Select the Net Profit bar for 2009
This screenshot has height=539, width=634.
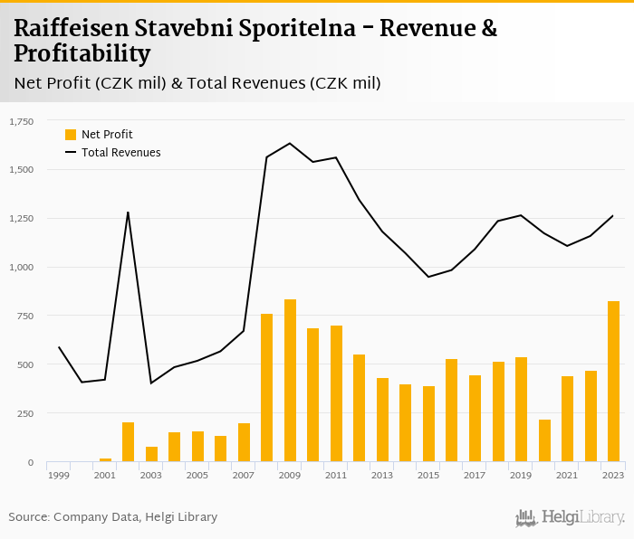point(290,381)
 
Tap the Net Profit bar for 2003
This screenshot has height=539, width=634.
point(151,454)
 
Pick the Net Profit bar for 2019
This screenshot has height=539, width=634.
point(521,410)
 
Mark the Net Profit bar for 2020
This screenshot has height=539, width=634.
point(544,440)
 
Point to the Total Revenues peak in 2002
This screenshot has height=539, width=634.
point(128,213)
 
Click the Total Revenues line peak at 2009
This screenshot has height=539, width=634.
point(290,143)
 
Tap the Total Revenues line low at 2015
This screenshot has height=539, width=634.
point(428,277)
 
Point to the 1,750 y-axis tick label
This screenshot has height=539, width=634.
point(19,121)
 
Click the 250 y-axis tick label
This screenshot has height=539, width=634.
point(23,414)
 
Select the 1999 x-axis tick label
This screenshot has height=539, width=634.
point(59,475)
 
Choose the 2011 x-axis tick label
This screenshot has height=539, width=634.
point(336,475)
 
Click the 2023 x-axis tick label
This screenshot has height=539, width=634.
point(613,475)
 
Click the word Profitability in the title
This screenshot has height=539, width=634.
point(82,54)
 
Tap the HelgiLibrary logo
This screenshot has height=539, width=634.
point(570,517)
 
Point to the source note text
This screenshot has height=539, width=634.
point(113,517)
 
